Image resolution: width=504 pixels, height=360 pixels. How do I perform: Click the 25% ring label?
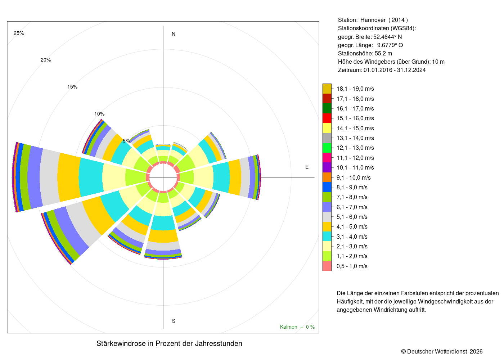(19, 33)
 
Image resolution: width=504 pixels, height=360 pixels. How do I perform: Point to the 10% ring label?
(99, 114)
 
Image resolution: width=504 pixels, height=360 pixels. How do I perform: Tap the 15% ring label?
(72, 87)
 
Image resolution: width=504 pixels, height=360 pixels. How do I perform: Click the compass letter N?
(174, 34)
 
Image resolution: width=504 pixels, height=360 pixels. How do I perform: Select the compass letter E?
(307, 167)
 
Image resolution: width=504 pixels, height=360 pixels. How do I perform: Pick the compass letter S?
(174, 321)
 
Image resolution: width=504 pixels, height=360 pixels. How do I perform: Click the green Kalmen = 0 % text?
(297, 327)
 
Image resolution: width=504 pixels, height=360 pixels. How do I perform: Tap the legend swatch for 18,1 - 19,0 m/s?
(327, 89)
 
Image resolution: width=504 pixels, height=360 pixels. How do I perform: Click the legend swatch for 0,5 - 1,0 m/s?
(327, 266)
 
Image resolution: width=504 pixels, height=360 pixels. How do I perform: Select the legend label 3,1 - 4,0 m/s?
(352, 237)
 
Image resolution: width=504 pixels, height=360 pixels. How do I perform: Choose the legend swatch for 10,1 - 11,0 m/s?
(327, 167)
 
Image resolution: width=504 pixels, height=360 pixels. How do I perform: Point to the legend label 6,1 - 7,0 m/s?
(352, 207)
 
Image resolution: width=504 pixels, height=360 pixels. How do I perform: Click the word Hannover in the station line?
(373, 20)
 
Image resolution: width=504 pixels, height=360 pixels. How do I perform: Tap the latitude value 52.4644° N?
(387, 37)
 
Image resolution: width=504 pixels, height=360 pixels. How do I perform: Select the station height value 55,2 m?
(383, 54)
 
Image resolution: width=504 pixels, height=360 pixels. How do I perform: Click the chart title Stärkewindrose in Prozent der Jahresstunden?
(169, 343)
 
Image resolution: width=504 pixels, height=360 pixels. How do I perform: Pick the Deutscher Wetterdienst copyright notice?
(442, 351)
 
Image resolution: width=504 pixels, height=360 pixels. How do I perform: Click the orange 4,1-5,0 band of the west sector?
(69, 177)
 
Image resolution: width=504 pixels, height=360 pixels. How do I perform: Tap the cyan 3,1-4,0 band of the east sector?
(221, 177)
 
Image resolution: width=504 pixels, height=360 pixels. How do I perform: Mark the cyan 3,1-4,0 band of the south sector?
(163, 223)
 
